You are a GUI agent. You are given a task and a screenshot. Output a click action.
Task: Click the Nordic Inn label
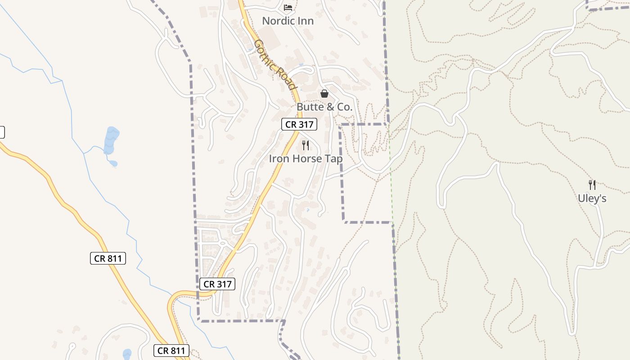(288, 21)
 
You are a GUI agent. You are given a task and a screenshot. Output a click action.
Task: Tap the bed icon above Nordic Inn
(288, 7)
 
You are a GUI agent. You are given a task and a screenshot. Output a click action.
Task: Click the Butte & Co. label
(324, 107)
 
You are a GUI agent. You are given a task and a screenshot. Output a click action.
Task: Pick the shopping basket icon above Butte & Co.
(324, 94)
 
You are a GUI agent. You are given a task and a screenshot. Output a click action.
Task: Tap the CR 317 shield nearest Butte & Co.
(299, 124)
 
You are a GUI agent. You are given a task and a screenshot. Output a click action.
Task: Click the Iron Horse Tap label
(306, 159)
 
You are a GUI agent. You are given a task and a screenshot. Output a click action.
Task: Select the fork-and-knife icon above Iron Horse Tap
(306, 145)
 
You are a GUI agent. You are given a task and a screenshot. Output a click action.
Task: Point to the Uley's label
(592, 198)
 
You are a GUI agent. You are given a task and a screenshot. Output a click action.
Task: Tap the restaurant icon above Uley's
(592, 184)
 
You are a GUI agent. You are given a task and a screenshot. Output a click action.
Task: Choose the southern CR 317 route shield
(217, 284)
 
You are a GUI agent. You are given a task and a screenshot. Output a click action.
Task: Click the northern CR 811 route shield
(108, 258)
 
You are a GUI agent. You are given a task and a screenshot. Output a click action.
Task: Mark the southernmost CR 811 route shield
(171, 351)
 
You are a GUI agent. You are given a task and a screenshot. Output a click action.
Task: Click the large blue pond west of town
(111, 140)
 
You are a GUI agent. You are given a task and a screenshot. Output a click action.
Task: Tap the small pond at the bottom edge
(127, 354)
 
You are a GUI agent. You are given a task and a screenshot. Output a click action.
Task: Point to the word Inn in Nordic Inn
(306, 21)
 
